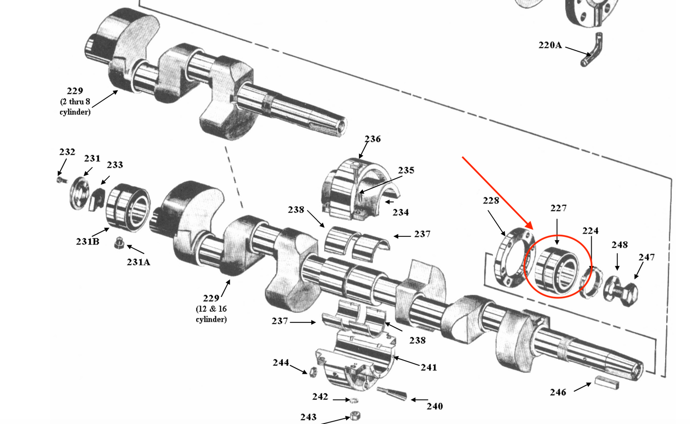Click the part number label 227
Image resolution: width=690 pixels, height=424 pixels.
558,208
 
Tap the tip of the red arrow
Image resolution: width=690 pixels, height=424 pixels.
531,228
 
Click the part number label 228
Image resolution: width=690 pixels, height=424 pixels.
491,201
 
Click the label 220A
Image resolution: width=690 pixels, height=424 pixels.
550,45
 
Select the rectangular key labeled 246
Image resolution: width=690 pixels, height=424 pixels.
606,382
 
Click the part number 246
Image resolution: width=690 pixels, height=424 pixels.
558,392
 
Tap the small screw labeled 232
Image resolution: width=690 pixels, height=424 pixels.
60,180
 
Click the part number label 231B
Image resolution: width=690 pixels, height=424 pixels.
87,242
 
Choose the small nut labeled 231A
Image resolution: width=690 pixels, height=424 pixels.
119,244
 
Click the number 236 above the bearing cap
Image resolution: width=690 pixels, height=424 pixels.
372,139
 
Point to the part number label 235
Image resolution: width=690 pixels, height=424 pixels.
406,170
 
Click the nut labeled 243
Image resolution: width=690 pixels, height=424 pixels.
355,416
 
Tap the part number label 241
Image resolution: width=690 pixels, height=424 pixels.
429,368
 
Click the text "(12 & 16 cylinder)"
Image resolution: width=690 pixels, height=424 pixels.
211,314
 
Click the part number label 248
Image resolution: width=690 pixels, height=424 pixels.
619,245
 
